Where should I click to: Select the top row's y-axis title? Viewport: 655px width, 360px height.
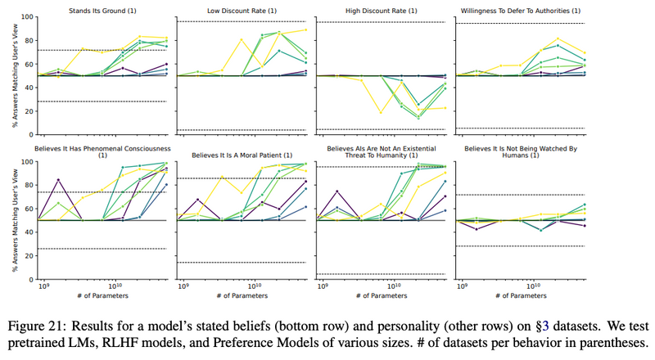click(x=7, y=75)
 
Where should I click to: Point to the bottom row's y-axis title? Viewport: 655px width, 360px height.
click(x=7, y=220)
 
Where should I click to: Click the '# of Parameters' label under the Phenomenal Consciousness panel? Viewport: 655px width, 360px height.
click(x=104, y=304)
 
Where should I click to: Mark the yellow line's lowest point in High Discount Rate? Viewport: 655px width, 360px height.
click(x=380, y=112)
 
